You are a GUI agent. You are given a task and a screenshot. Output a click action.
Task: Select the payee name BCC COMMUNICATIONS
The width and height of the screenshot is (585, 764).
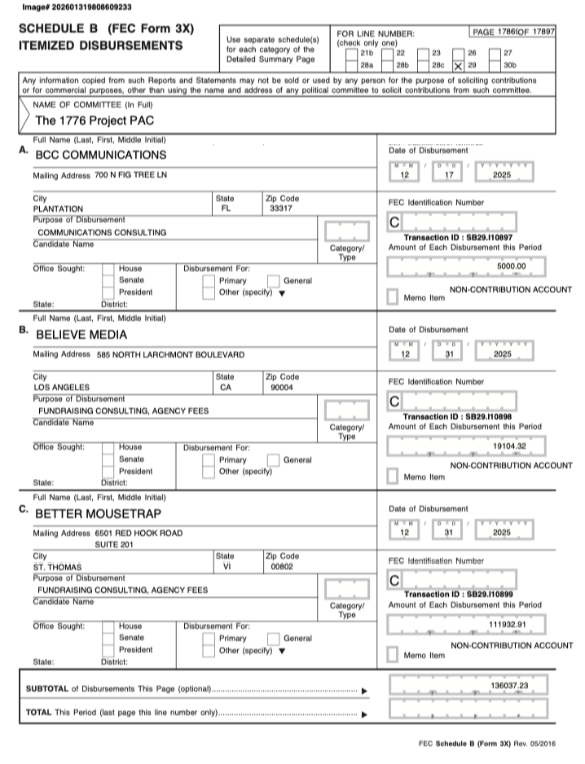click(101, 155)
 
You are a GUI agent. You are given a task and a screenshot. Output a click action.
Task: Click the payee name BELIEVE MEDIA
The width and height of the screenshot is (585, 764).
click(81, 334)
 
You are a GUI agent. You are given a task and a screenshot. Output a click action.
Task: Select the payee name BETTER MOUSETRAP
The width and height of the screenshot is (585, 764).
click(98, 514)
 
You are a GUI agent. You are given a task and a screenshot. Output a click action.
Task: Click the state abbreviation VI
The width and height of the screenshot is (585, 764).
click(227, 565)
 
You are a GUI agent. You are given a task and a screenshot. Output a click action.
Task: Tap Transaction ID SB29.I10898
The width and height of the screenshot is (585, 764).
click(461, 416)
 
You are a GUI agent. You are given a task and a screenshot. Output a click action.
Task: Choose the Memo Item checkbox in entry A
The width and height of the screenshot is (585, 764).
click(393, 296)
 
